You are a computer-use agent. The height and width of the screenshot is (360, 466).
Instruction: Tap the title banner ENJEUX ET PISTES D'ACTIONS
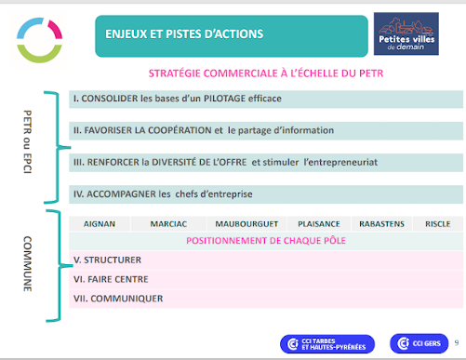click(x=187, y=35)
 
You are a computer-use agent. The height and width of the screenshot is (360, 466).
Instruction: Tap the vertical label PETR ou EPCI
click(x=27, y=145)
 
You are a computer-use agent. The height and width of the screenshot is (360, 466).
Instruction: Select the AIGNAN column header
click(x=100, y=224)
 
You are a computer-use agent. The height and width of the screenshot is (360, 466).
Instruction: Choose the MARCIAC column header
click(x=166, y=224)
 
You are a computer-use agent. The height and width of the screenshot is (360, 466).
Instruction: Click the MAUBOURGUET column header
click(x=242, y=224)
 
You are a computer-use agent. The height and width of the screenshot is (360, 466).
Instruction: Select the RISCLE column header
click(x=437, y=224)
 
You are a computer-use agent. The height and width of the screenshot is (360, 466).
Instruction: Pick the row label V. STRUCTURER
click(x=106, y=261)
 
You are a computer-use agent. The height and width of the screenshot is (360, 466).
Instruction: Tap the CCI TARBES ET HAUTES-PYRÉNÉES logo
click(x=321, y=343)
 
